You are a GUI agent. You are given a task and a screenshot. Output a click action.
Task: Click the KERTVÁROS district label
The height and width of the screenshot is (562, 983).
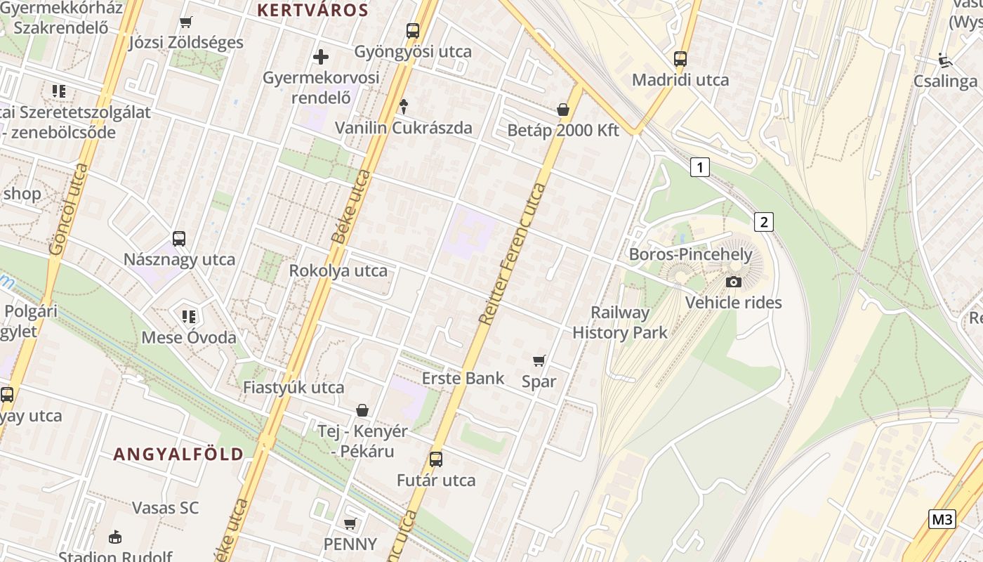(x=312, y=11)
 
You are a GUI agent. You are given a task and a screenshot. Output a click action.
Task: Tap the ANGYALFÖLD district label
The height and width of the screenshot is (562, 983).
(x=178, y=454)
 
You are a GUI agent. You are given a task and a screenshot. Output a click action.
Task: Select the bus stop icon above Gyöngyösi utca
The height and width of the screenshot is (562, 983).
(x=413, y=31)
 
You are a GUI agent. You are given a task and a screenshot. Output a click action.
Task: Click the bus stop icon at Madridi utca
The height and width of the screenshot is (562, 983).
(x=680, y=59)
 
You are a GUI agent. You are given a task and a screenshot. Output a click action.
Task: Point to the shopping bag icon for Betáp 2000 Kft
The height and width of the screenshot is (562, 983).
(x=563, y=110)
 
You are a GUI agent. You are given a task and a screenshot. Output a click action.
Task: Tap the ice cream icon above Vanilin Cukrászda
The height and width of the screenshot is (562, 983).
(x=404, y=107)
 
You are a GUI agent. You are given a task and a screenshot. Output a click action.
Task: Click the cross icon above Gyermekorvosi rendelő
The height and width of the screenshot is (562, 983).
(x=321, y=57)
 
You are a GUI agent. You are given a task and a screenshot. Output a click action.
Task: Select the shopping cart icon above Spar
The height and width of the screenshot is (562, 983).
(x=539, y=361)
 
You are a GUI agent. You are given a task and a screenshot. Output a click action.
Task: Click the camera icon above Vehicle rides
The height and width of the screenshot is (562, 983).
(x=734, y=282)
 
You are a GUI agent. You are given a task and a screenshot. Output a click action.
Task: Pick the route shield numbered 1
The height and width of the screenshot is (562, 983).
(x=699, y=167)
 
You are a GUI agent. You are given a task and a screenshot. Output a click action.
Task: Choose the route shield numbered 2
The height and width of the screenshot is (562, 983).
(x=763, y=222)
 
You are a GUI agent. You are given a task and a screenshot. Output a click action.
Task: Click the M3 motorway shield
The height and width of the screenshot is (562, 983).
(x=942, y=519)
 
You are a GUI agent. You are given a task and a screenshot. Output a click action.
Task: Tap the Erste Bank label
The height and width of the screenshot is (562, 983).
(x=463, y=379)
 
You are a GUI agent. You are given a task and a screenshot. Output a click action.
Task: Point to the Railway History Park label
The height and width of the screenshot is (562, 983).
(x=620, y=322)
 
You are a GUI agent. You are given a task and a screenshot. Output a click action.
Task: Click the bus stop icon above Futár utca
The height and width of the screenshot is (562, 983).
(x=436, y=459)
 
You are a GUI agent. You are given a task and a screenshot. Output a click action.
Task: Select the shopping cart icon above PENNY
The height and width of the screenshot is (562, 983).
(x=350, y=523)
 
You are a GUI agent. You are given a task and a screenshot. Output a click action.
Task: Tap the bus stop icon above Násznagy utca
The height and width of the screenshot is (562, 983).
(x=179, y=239)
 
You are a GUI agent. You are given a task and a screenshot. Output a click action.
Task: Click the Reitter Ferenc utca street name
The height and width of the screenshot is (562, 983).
(x=512, y=254)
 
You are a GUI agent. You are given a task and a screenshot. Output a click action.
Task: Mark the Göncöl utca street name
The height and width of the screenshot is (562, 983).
(x=68, y=209)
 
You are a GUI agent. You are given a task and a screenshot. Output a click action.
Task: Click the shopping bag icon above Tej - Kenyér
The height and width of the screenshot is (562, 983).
(x=362, y=410)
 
